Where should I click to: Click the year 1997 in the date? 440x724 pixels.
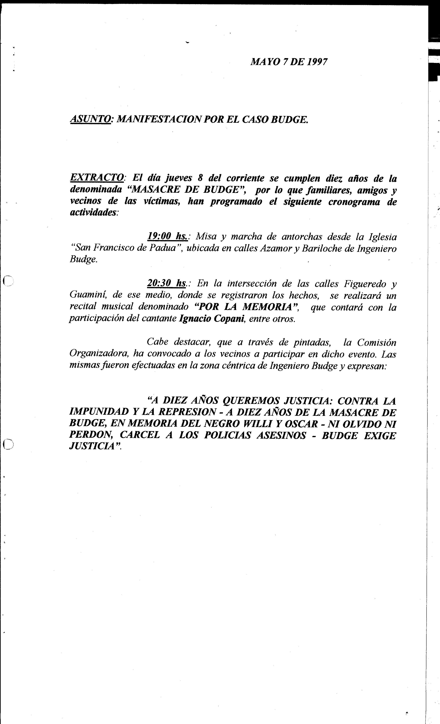317,62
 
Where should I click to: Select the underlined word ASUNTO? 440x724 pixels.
90,120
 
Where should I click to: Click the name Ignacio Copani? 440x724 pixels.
212,319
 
